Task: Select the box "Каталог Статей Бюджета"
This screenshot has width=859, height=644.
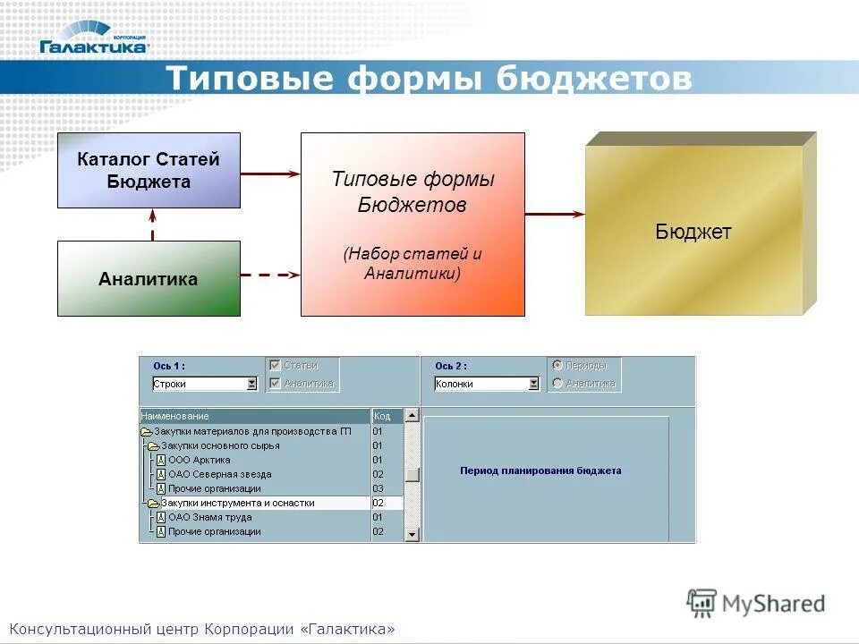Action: [x=149, y=170]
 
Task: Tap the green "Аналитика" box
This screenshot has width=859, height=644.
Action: [x=149, y=279]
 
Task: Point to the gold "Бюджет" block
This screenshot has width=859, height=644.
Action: [x=693, y=233]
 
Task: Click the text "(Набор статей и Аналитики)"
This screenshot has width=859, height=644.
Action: [x=412, y=263]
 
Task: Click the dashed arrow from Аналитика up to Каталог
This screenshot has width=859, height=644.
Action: [x=153, y=225]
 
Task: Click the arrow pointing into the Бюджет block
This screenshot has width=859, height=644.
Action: [x=555, y=215]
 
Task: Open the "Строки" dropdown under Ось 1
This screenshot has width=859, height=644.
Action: [x=251, y=384]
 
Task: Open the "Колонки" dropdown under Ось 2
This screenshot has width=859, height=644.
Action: [x=533, y=384]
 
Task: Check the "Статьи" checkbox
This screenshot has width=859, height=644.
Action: [x=276, y=365]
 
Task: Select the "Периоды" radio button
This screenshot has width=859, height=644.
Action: [x=557, y=365]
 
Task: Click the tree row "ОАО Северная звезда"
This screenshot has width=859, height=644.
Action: [x=219, y=474]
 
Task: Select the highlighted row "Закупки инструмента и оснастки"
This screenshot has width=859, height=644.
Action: [x=237, y=503]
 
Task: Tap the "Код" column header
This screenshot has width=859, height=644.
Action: [x=382, y=416]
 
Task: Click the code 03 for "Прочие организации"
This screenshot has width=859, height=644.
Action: [x=378, y=488]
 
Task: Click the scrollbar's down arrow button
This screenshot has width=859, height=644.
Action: [x=412, y=534]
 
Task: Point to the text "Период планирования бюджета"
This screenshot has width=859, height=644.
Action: [x=540, y=470]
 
